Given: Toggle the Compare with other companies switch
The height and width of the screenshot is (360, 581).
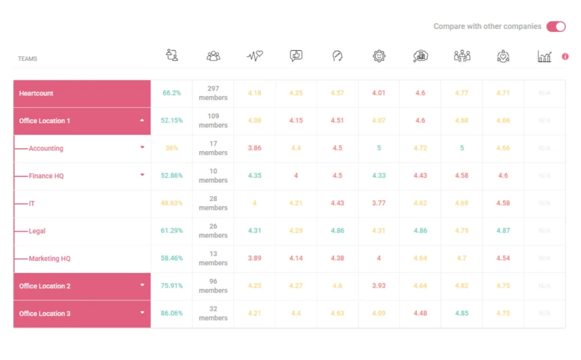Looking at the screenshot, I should pyautogui.click(x=556, y=27).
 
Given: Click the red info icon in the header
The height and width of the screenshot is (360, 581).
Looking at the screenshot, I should pyautogui.click(x=565, y=56).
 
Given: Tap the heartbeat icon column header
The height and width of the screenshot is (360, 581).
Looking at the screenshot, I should pyautogui.click(x=255, y=56).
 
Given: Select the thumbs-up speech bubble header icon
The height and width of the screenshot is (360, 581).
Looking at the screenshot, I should pyautogui.click(x=296, y=56).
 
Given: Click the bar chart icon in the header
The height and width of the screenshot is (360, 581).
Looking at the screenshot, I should pyautogui.click(x=544, y=56).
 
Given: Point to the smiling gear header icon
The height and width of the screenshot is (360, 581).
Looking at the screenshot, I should pyautogui.click(x=379, y=56).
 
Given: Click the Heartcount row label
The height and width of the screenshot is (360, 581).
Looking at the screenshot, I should pyautogui.click(x=36, y=93).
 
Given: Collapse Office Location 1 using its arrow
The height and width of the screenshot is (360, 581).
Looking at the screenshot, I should pyautogui.click(x=142, y=121).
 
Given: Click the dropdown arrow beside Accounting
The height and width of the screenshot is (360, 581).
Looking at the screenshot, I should pyautogui.click(x=142, y=148).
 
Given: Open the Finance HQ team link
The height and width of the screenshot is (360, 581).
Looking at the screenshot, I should pyautogui.click(x=46, y=176).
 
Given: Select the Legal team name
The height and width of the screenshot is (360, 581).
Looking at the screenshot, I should pyautogui.click(x=37, y=231).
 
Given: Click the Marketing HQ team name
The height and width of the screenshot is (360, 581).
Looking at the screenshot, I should pyautogui.click(x=49, y=258).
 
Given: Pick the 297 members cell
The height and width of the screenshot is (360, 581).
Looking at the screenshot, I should pyautogui.click(x=213, y=93).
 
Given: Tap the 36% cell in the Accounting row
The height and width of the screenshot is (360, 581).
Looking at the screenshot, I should pyautogui.click(x=172, y=148).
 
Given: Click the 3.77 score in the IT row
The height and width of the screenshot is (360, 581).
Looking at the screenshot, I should pyautogui.click(x=379, y=203).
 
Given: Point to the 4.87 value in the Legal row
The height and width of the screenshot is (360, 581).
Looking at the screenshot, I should pyautogui.click(x=503, y=231).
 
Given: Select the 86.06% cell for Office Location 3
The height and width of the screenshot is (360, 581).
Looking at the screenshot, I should pyautogui.click(x=172, y=313).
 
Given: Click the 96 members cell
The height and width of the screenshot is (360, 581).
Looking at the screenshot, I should pyautogui.click(x=213, y=286).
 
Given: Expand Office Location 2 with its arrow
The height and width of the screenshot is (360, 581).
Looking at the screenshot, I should pyautogui.click(x=142, y=285).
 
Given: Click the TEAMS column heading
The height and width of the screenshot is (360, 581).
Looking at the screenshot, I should pyautogui.click(x=27, y=59).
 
